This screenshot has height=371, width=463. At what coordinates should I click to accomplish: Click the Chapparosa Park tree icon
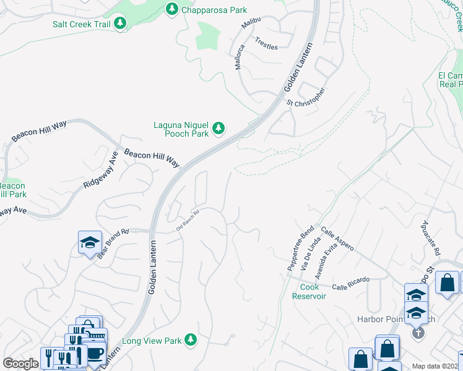(x=172, y=9)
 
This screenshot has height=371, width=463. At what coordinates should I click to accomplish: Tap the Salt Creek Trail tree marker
(x=119, y=23)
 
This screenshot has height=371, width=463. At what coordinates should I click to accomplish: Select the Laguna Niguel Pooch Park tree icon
(x=218, y=129)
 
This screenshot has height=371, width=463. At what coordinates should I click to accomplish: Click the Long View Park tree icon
(x=191, y=339)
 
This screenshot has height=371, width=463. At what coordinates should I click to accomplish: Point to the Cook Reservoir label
(x=309, y=291)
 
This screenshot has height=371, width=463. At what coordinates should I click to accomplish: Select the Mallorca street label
(x=239, y=56)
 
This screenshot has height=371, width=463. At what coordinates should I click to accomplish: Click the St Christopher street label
(x=305, y=96)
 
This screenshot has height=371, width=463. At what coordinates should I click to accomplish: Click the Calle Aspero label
(x=337, y=239)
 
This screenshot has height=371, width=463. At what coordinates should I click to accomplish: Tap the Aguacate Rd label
(x=430, y=239)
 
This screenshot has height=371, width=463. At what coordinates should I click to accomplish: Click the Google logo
(x=20, y=364)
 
